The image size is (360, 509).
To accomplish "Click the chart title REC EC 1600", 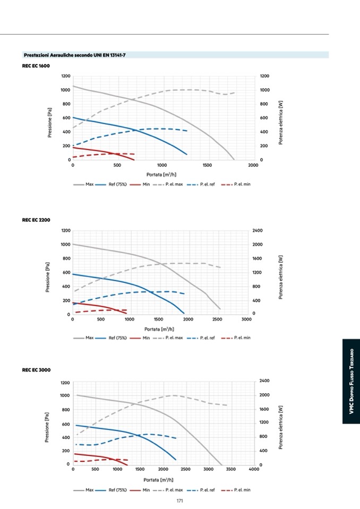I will [36, 65].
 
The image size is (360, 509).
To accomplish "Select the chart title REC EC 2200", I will [36, 220].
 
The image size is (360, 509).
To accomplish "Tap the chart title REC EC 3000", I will [36, 370].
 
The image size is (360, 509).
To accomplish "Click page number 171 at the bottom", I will [180, 501].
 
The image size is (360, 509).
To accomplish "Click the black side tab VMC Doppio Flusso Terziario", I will [351, 382].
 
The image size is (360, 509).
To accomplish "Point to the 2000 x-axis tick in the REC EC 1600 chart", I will [253, 166].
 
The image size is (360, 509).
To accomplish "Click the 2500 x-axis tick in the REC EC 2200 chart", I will [217, 320].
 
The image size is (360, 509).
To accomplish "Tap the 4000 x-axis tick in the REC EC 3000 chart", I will [253, 470].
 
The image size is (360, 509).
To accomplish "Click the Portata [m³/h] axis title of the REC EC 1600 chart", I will [161, 174].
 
